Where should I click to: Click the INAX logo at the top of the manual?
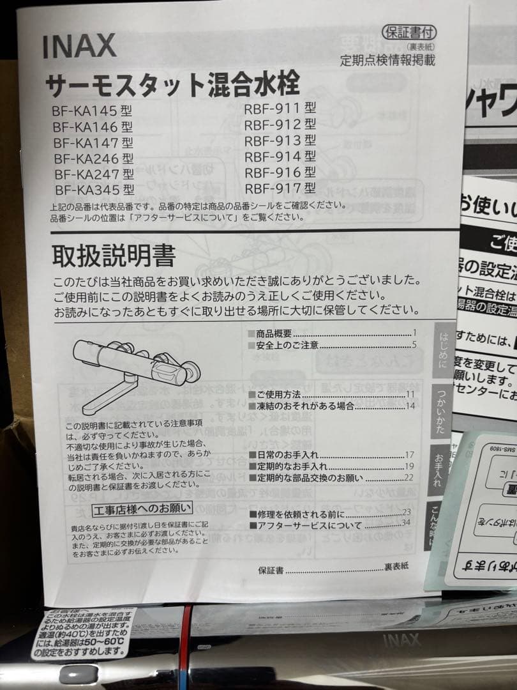click(80, 46)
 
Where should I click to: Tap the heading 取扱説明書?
click(114, 256)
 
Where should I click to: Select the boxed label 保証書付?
click(408, 33)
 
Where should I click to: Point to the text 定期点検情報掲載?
click(388, 61)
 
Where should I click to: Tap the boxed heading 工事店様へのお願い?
click(142, 509)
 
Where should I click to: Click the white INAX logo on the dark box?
click(401, 639)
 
